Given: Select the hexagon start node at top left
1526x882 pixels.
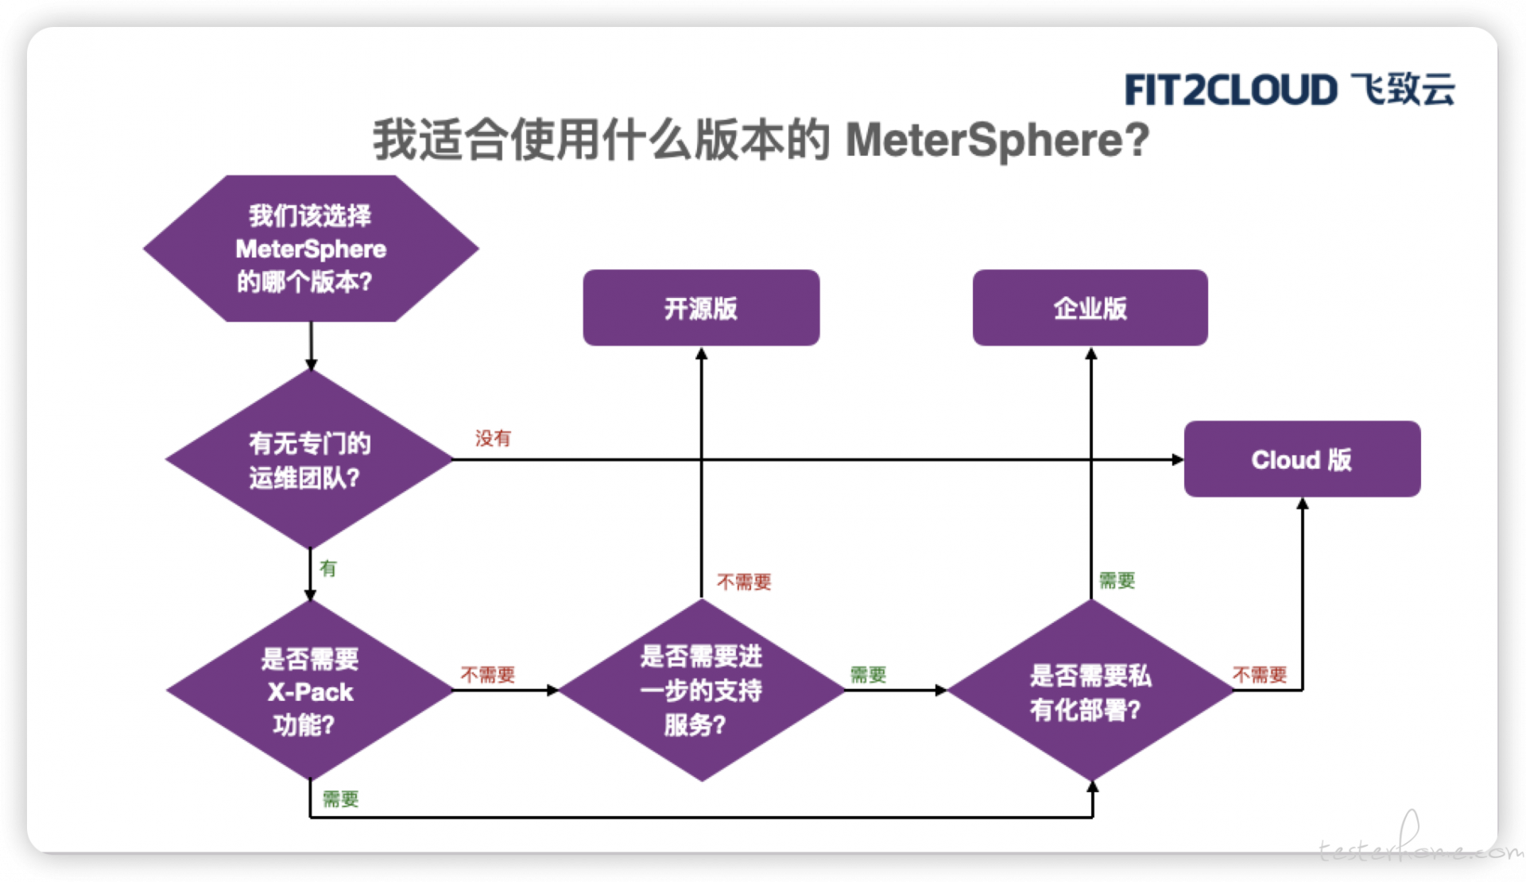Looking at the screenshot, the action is [x=311, y=249].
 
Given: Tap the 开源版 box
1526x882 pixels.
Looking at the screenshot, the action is [x=701, y=308].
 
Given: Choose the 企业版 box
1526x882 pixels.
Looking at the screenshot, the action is [x=1090, y=308].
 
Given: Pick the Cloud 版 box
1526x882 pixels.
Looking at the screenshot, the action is [x=1302, y=459].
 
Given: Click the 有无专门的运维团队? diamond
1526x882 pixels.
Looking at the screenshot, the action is [x=310, y=459].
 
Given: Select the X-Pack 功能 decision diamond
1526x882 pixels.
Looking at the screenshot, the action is [x=310, y=691].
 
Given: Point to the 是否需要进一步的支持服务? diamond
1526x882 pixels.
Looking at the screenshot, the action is [x=701, y=691].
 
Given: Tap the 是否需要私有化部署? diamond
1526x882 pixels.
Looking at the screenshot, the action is [x=1090, y=691].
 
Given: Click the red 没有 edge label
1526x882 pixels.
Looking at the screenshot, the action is [x=493, y=438].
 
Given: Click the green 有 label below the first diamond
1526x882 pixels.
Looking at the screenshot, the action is [x=328, y=568].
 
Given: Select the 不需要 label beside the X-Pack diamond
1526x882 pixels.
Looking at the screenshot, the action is [x=488, y=675].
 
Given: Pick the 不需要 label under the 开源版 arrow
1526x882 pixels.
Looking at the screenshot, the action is [x=744, y=582].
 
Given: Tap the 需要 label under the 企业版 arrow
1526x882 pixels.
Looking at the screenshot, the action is [x=1117, y=580].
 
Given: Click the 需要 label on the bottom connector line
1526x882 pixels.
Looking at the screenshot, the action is [x=341, y=799].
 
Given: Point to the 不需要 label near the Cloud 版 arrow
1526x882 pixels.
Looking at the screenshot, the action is [x=1260, y=675].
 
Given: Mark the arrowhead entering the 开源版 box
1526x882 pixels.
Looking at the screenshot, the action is [x=701, y=354].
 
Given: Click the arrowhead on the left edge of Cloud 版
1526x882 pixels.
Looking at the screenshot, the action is [x=1177, y=459].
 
